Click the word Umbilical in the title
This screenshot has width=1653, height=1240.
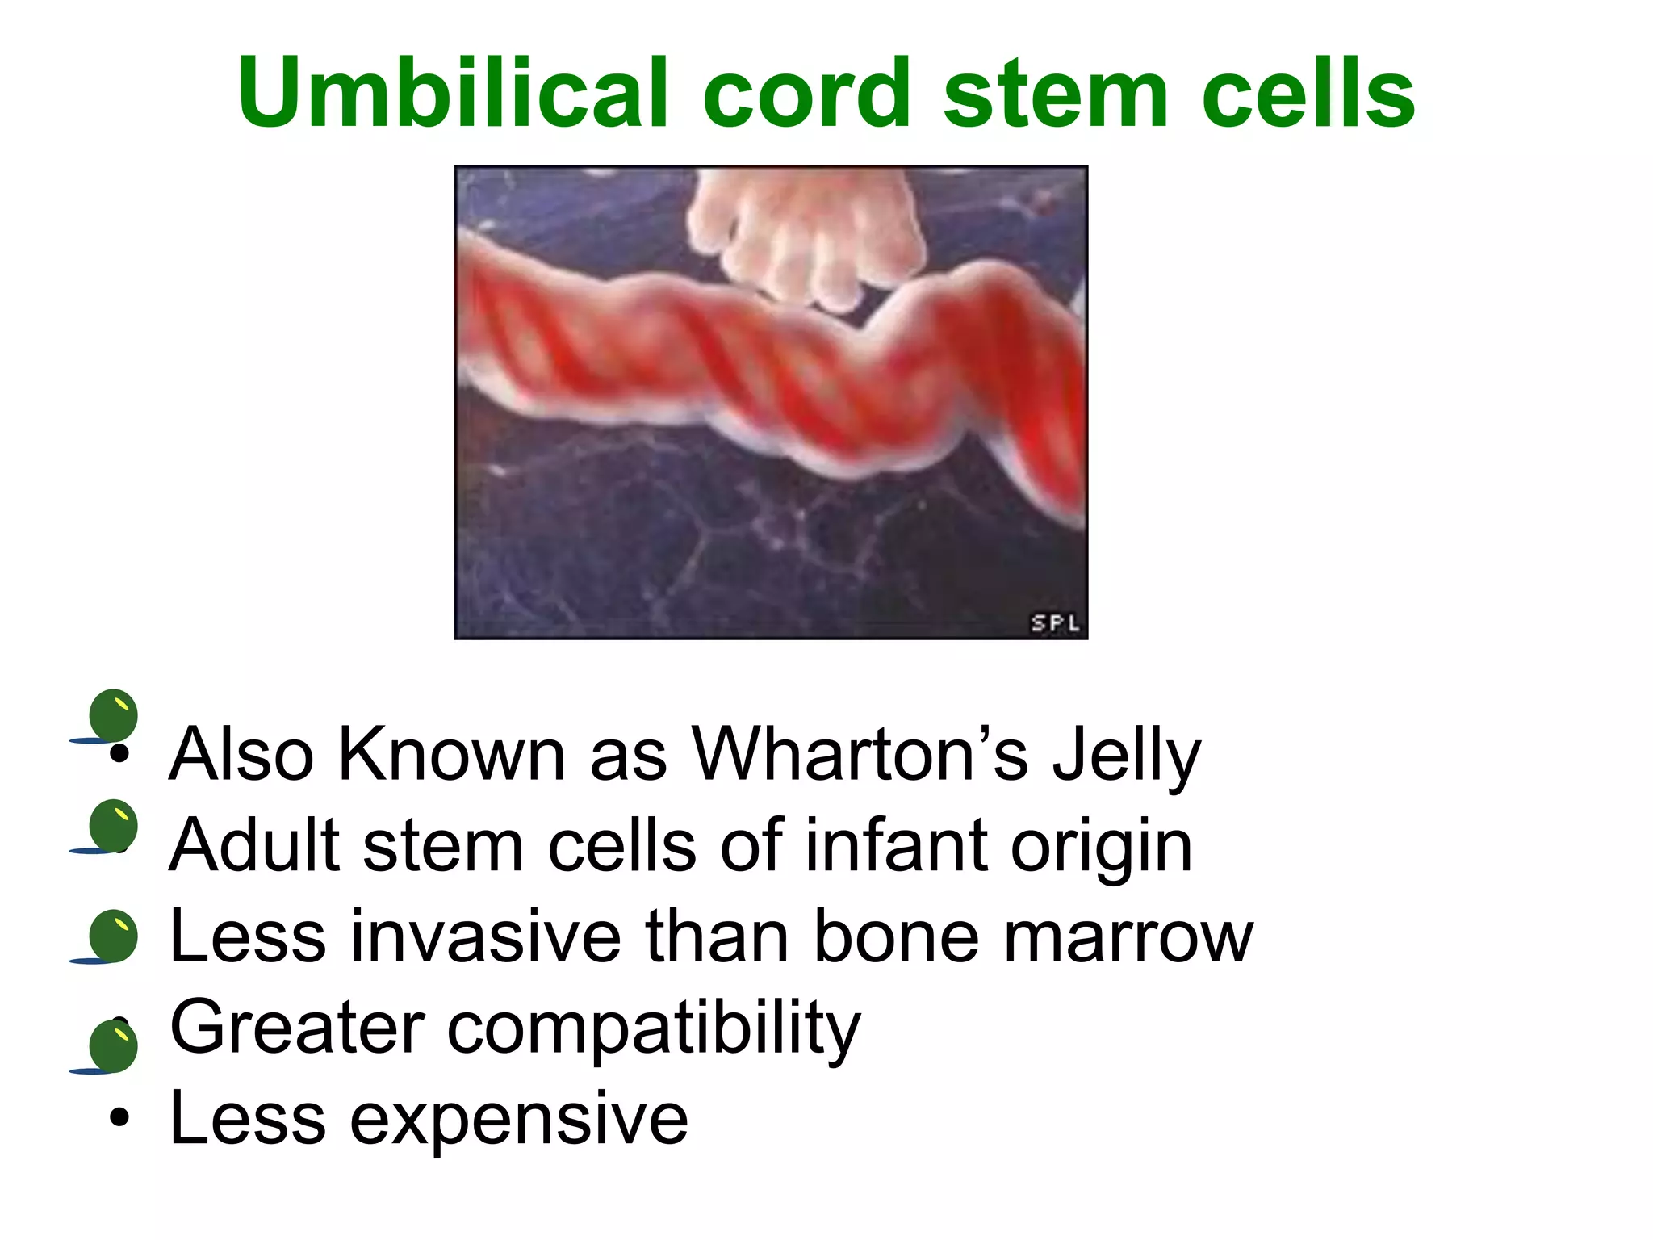[453, 94]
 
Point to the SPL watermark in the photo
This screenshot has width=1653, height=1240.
[1055, 622]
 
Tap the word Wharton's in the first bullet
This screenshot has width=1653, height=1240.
[860, 755]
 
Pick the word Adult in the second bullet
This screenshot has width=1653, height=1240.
[253, 846]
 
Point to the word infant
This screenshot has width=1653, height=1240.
[895, 846]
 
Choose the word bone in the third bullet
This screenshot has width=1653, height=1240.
[896, 937]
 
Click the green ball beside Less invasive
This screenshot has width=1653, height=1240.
[113, 936]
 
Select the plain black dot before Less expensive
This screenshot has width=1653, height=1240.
[119, 1119]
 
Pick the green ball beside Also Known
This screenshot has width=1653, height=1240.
[113, 715]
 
